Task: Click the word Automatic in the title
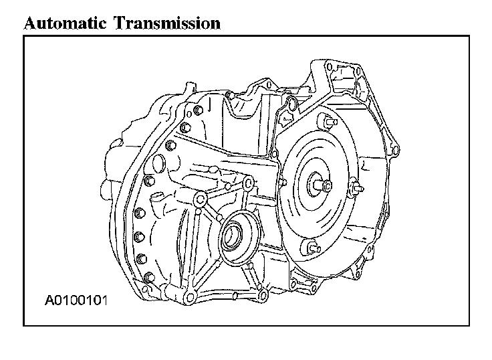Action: (65, 23)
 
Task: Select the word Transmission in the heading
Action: (167, 23)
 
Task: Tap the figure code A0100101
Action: (76, 300)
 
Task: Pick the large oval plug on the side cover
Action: (158, 163)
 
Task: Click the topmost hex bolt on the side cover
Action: (199, 110)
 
